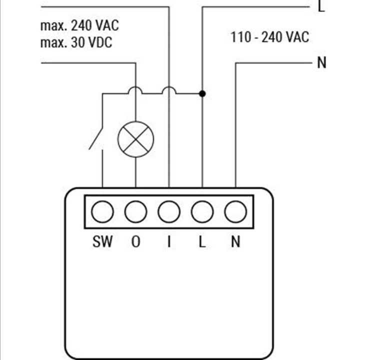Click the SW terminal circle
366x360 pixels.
(102, 212)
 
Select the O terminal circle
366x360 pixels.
(135, 212)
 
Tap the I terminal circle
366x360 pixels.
(169, 212)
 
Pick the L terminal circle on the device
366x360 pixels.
(202, 212)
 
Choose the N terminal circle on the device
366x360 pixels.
(235, 212)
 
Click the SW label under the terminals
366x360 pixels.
(102, 242)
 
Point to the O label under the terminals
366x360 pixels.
(135, 242)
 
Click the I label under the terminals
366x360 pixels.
(169, 242)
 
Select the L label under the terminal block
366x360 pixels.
(202, 242)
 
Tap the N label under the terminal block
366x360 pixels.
(235, 242)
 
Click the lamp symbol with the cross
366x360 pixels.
(135, 139)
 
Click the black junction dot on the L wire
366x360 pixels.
(202, 93)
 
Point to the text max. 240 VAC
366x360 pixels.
(80, 25)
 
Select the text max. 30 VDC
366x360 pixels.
(76, 42)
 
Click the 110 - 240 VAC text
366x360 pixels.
(270, 37)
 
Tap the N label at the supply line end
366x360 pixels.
(321, 63)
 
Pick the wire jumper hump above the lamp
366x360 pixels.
(135, 90)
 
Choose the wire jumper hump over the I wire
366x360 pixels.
(169, 90)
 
